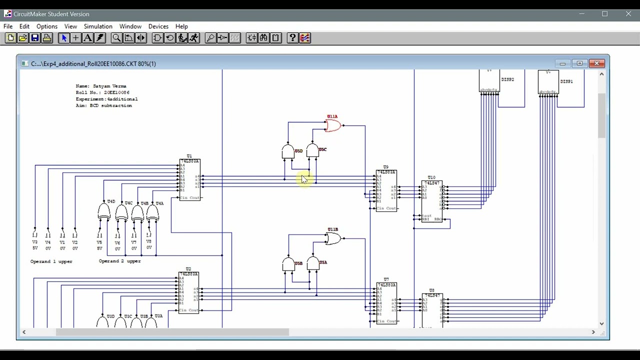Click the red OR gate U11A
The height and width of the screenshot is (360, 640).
pyautogui.click(x=333, y=126)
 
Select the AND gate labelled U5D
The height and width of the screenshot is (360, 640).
pyautogui.click(x=288, y=151)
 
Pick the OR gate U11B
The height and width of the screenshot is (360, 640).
pyautogui.click(x=333, y=239)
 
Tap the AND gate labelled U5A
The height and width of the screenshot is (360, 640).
pyautogui.click(x=313, y=263)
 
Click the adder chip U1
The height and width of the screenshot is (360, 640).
pyautogui.click(x=189, y=180)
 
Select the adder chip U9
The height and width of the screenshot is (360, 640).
pyautogui.click(x=386, y=190)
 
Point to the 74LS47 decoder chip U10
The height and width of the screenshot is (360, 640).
pyautogui.click(x=431, y=201)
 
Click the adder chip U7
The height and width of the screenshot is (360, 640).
pyautogui.click(x=386, y=303)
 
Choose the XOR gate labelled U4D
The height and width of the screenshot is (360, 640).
pyautogui.click(x=104, y=212)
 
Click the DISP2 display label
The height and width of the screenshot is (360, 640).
pyautogui.click(x=507, y=79)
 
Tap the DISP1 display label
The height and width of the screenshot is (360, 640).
pyautogui.click(x=566, y=81)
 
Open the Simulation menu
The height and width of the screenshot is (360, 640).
pyautogui.click(x=98, y=26)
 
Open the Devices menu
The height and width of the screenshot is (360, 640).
pyautogui.click(x=158, y=26)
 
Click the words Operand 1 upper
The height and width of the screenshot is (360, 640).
pyautogui.click(x=51, y=261)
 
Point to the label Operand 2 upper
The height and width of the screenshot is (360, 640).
pyautogui.click(x=120, y=261)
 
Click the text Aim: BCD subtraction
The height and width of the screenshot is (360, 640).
pyautogui.click(x=104, y=105)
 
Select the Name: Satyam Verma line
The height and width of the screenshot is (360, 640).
pyautogui.click(x=101, y=86)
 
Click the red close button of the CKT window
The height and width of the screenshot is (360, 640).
pyautogui.click(x=597, y=63)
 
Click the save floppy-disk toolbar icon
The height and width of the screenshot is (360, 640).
pyautogui.click(x=35, y=38)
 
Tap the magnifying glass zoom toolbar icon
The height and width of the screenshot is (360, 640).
pyautogui.click(x=116, y=38)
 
